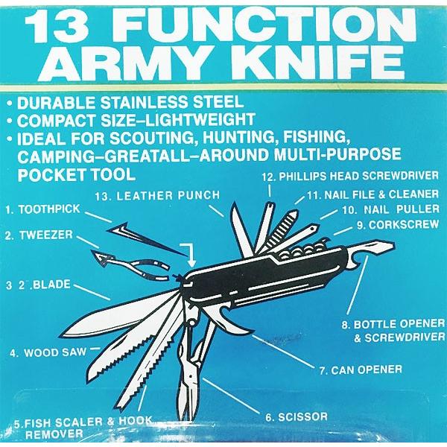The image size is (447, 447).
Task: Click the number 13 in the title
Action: (56, 25)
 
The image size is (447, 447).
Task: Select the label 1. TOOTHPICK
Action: (42, 209)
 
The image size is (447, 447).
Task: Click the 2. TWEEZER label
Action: (39, 235)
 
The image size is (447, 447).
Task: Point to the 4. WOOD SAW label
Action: (48, 352)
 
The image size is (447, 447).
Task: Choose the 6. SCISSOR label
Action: (297, 416)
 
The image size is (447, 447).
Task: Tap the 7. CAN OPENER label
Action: (361, 370)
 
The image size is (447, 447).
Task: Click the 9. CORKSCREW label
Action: (398, 225)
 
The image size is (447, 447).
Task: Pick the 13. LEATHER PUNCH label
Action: (158, 195)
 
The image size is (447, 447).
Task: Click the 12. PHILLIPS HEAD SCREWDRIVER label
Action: (350, 176)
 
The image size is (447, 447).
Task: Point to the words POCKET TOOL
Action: (77, 174)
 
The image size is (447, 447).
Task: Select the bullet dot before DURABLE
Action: (10, 103)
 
